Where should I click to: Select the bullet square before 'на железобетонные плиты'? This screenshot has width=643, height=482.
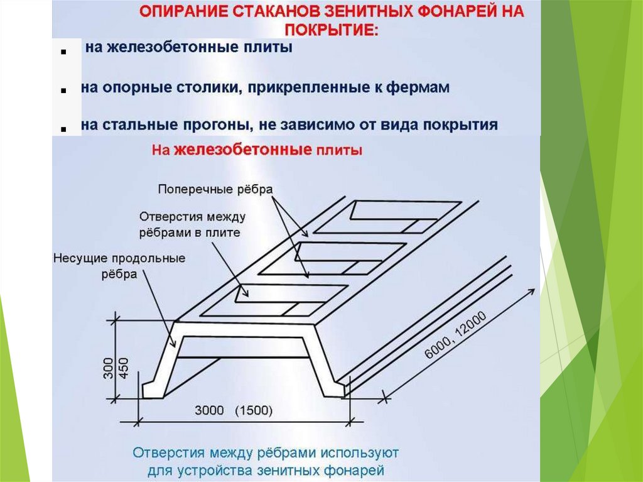(x=64, y=55)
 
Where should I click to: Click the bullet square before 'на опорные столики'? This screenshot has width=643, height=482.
(x=64, y=91)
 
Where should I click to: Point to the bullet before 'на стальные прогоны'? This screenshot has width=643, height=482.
(x=64, y=128)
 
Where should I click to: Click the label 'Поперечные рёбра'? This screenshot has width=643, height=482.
(x=216, y=189)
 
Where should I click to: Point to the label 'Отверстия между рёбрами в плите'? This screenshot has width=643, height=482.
(x=192, y=224)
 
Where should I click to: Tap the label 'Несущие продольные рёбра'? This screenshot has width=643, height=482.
(x=120, y=266)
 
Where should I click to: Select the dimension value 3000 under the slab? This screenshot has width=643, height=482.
(x=209, y=412)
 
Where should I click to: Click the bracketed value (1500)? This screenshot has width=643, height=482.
(x=253, y=412)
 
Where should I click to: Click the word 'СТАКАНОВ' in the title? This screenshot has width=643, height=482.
(x=264, y=12)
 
